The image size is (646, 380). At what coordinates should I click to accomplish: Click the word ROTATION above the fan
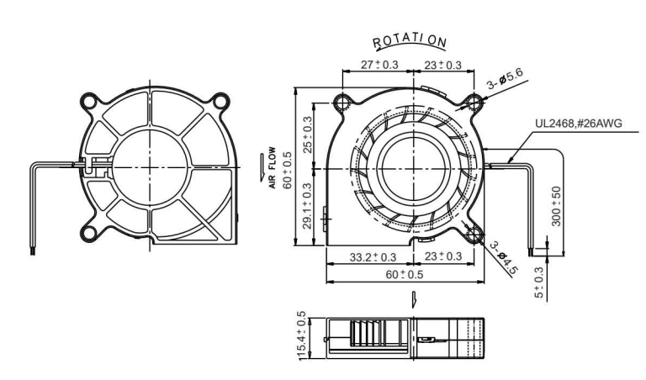410,40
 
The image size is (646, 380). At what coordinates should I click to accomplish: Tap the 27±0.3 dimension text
379,65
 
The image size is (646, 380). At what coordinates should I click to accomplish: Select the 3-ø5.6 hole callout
505,78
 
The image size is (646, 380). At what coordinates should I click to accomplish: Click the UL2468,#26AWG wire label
579,123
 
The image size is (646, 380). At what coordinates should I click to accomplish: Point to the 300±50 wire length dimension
556,206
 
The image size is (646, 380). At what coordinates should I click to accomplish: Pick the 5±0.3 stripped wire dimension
539,282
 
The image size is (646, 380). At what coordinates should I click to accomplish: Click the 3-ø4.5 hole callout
504,258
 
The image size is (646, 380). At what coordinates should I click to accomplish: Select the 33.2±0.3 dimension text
373,257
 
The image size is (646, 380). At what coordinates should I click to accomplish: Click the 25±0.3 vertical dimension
307,135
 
